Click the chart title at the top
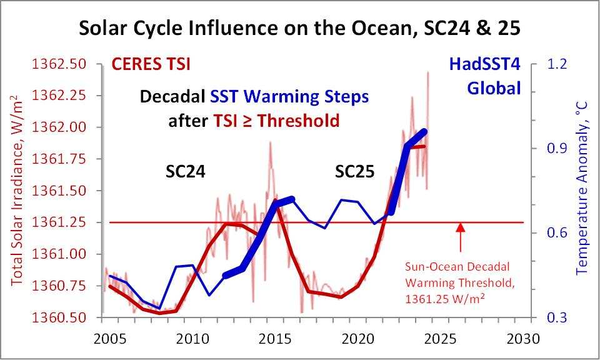[x=299, y=28]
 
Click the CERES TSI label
[x=151, y=64]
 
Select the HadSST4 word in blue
[x=485, y=64]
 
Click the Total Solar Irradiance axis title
[x=17, y=191]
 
